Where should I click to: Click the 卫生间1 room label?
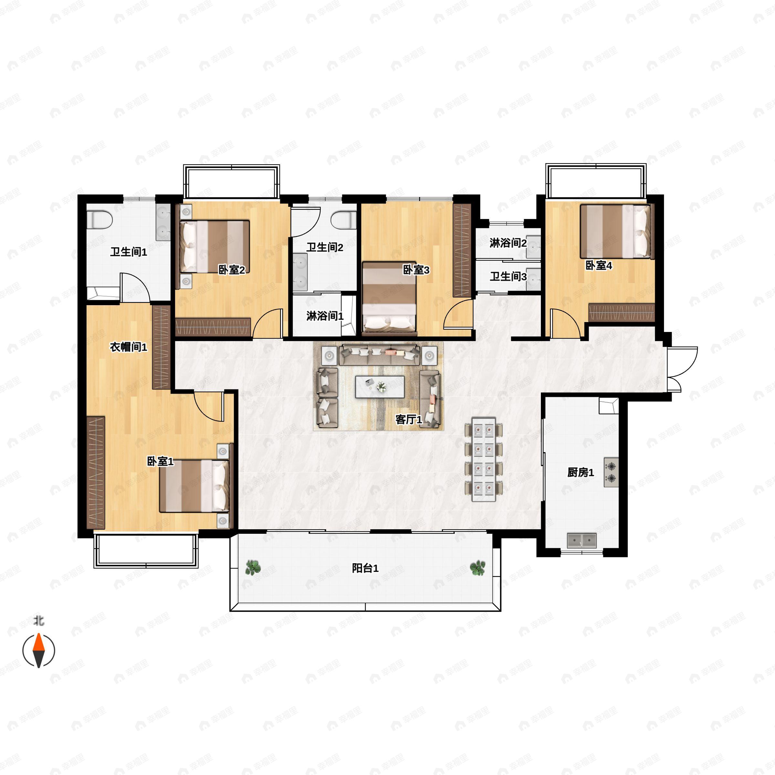[x=129, y=252]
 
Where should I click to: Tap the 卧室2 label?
[x=232, y=270]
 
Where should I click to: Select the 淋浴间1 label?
[x=325, y=316]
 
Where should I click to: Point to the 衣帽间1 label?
[x=129, y=347]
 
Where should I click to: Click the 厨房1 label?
[x=581, y=472]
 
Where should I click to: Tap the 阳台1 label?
[x=365, y=568]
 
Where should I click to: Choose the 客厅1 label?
[x=409, y=419]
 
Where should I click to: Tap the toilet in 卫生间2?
[x=344, y=220]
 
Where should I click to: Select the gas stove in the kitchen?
[x=611, y=472]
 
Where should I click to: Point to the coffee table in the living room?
[x=379, y=387]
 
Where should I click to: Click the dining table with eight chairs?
[x=484, y=459]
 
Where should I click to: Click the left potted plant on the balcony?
[x=253, y=567]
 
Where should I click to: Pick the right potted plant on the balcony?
[x=477, y=567]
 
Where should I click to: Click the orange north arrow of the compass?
[x=38, y=643]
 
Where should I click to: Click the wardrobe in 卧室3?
[x=462, y=251]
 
